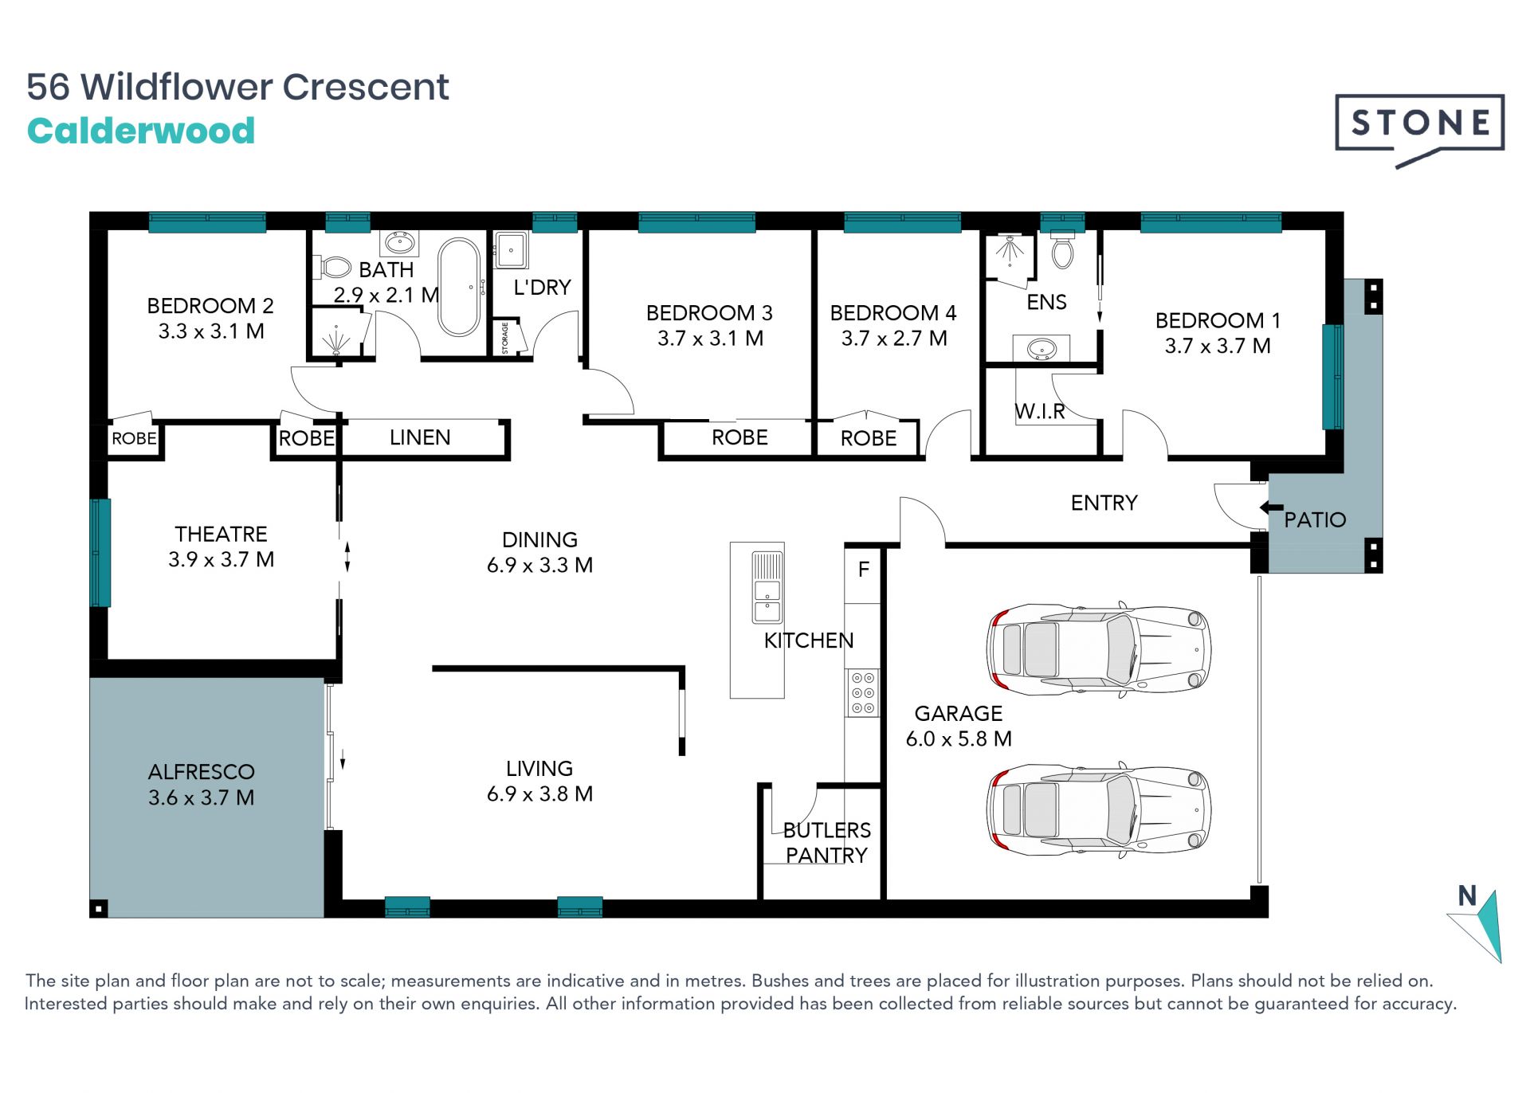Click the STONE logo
[1419, 130]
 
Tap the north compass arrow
[1479, 927]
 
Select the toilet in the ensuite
[1062, 250]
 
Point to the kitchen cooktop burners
[863, 692]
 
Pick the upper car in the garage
[1099, 645]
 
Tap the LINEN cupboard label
[420, 437]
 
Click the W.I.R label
[1040, 411]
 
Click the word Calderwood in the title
[141, 131]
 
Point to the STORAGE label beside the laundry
[505, 338]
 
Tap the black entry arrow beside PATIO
[1271, 507]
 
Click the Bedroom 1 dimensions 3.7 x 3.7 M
[1218, 346]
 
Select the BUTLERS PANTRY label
[826, 842]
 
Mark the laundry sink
[510, 250]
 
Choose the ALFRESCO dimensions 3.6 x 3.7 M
[202, 797]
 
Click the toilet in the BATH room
[335, 266]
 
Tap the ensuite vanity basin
[1041, 348]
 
